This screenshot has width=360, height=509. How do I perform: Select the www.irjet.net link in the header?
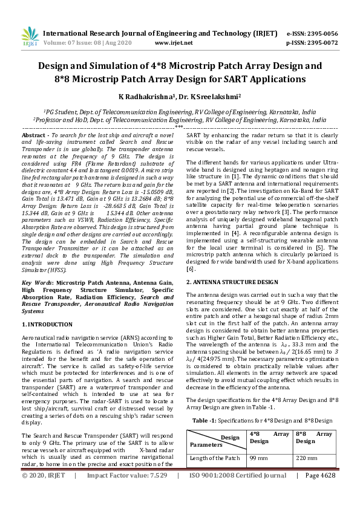174,43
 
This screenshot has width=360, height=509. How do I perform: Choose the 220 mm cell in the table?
304,458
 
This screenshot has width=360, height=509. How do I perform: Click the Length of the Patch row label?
215,458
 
